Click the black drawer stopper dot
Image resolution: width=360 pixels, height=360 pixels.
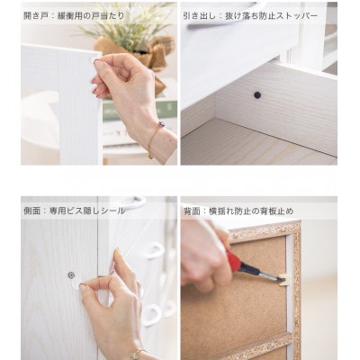click(x=257, y=95)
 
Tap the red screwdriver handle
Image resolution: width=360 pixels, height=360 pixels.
click(x=234, y=262)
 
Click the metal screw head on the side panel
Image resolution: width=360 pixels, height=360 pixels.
click(x=71, y=274)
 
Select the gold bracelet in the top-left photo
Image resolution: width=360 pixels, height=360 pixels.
click(x=154, y=139)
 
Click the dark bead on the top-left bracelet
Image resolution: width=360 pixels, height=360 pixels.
click(x=161, y=123)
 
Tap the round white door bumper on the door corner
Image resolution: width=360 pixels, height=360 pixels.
click(x=94, y=59)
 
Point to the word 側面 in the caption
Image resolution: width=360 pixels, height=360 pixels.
click(x=31, y=211)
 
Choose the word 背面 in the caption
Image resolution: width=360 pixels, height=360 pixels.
click(x=192, y=211)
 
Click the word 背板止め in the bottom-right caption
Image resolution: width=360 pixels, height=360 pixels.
click(x=277, y=211)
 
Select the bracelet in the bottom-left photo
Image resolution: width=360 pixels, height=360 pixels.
click(x=136, y=354)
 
